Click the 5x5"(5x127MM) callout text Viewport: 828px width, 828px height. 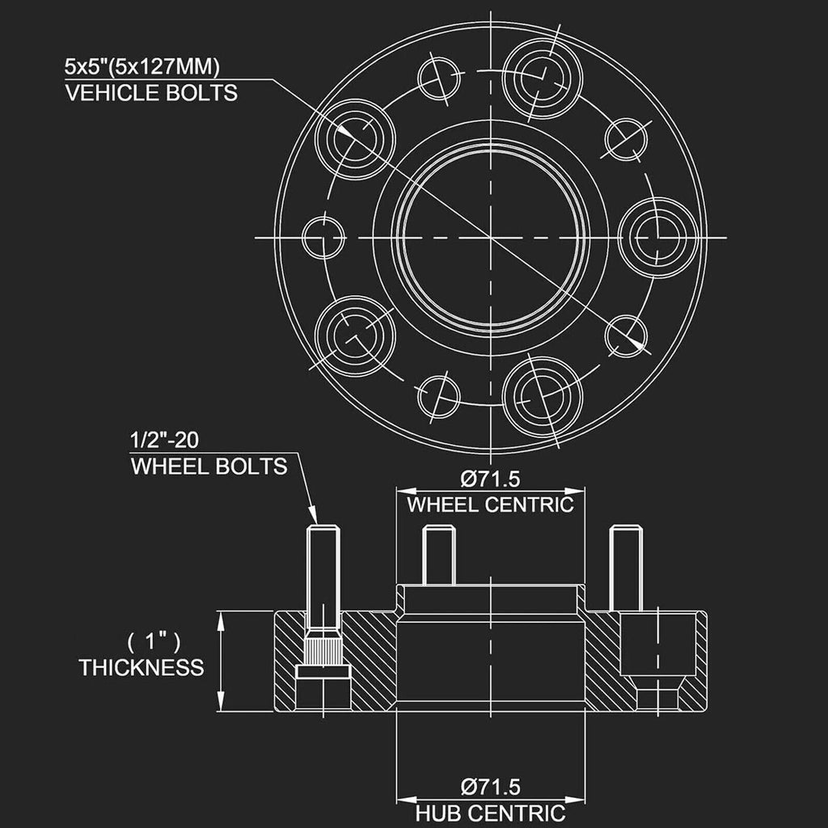(142, 67)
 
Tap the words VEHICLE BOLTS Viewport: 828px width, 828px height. (151, 93)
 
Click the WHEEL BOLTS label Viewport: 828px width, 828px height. (209, 467)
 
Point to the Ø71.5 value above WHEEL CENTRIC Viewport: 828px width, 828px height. (490, 479)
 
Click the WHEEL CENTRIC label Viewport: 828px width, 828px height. (490, 505)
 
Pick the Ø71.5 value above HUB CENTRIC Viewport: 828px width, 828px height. (490, 787)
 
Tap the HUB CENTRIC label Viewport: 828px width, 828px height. (490, 813)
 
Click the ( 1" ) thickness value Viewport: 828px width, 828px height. (154, 642)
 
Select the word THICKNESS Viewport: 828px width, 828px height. (142, 668)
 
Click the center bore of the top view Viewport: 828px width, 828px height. (491, 238)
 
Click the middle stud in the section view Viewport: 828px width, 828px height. (439, 555)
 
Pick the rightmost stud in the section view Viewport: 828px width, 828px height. (626, 568)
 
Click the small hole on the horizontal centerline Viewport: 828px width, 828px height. (323, 238)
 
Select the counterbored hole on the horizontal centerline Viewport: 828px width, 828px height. (658, 238)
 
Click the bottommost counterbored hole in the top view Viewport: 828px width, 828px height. (543, 397)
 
